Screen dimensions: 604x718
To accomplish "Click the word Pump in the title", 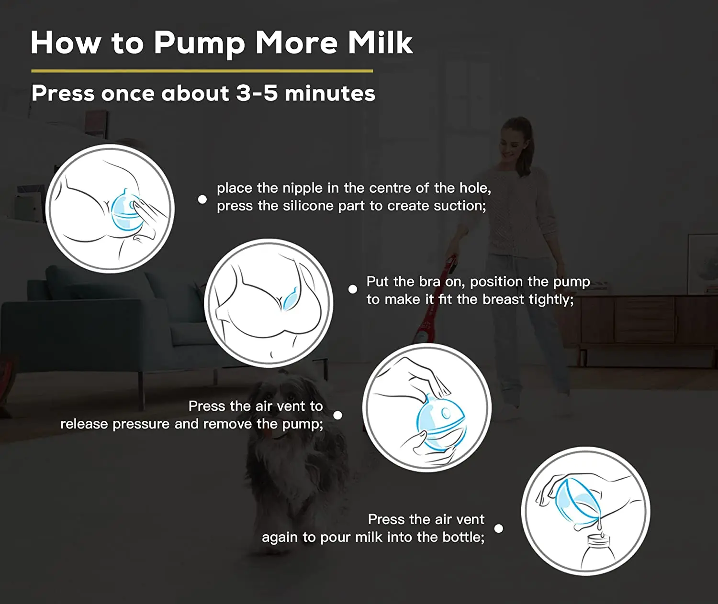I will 199,43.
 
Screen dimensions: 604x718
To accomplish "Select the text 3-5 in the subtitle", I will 257,93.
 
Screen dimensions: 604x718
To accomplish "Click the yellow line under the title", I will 202,71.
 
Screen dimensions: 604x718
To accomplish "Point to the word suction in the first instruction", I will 459,206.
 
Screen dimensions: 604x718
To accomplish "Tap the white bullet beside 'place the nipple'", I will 202,199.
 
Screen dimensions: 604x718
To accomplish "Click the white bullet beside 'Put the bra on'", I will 353,289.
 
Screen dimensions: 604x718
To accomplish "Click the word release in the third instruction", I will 84,424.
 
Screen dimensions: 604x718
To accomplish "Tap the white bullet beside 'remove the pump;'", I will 337,415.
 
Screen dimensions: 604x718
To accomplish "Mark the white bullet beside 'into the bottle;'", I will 498,528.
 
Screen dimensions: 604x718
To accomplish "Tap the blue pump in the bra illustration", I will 290,300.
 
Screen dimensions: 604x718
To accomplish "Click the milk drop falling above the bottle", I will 599,525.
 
